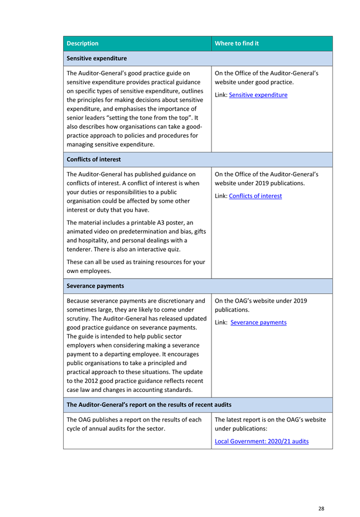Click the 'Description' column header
point(82,44)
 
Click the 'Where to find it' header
point(237,44)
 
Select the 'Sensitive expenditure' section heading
point(97,58)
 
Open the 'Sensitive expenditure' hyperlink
point(258,95)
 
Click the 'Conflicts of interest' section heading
point(93,159)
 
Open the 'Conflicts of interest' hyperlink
point(255,196)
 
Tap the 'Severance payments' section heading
point(95,286)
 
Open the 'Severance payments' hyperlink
point(258,323)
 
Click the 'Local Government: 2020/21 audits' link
point(261,442)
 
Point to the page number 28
point(321,509)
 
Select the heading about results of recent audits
point(148,404)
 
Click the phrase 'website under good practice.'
point(254,82)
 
